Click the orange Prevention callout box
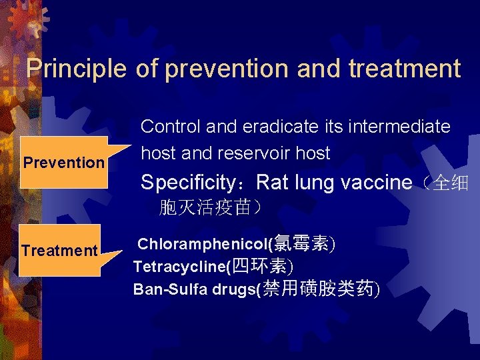click(x=64, y=162)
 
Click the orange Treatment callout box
click(x=59, y=251)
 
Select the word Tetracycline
click(x=179, y=267)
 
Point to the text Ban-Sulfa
click(x=164, y=289)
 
